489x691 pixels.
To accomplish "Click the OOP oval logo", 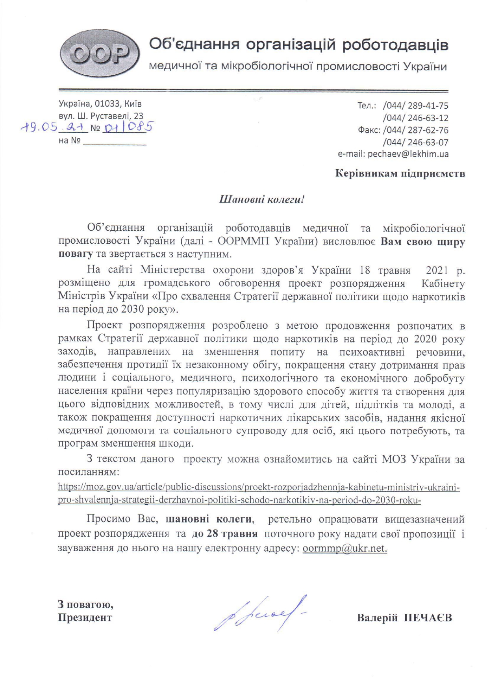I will click(100, 54).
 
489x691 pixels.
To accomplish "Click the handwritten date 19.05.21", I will click(54, 127).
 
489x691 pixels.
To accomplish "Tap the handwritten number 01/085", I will click(127, 127).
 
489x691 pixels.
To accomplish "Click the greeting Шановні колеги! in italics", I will click(262, 199).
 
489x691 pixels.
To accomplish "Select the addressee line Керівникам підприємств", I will click(400, 174).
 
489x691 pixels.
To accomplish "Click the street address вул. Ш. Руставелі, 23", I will click(101, 116).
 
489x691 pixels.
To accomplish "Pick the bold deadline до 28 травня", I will click(225, 534).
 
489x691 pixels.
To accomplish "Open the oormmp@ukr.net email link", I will click(345, 548).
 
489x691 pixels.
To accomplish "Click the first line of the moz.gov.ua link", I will click(259, 487).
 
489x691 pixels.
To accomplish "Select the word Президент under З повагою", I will click(85, 617).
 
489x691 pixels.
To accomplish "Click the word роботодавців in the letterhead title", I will click(395, 45).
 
